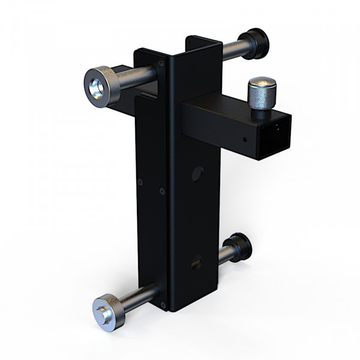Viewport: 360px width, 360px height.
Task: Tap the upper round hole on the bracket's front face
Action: [197, 174]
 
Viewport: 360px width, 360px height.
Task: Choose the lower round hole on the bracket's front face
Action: [196, 262]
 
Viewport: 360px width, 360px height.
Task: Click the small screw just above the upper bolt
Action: [161, 62]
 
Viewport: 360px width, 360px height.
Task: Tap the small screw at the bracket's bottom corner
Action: [163, 305]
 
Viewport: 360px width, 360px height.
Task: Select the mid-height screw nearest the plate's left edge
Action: [140, 181]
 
